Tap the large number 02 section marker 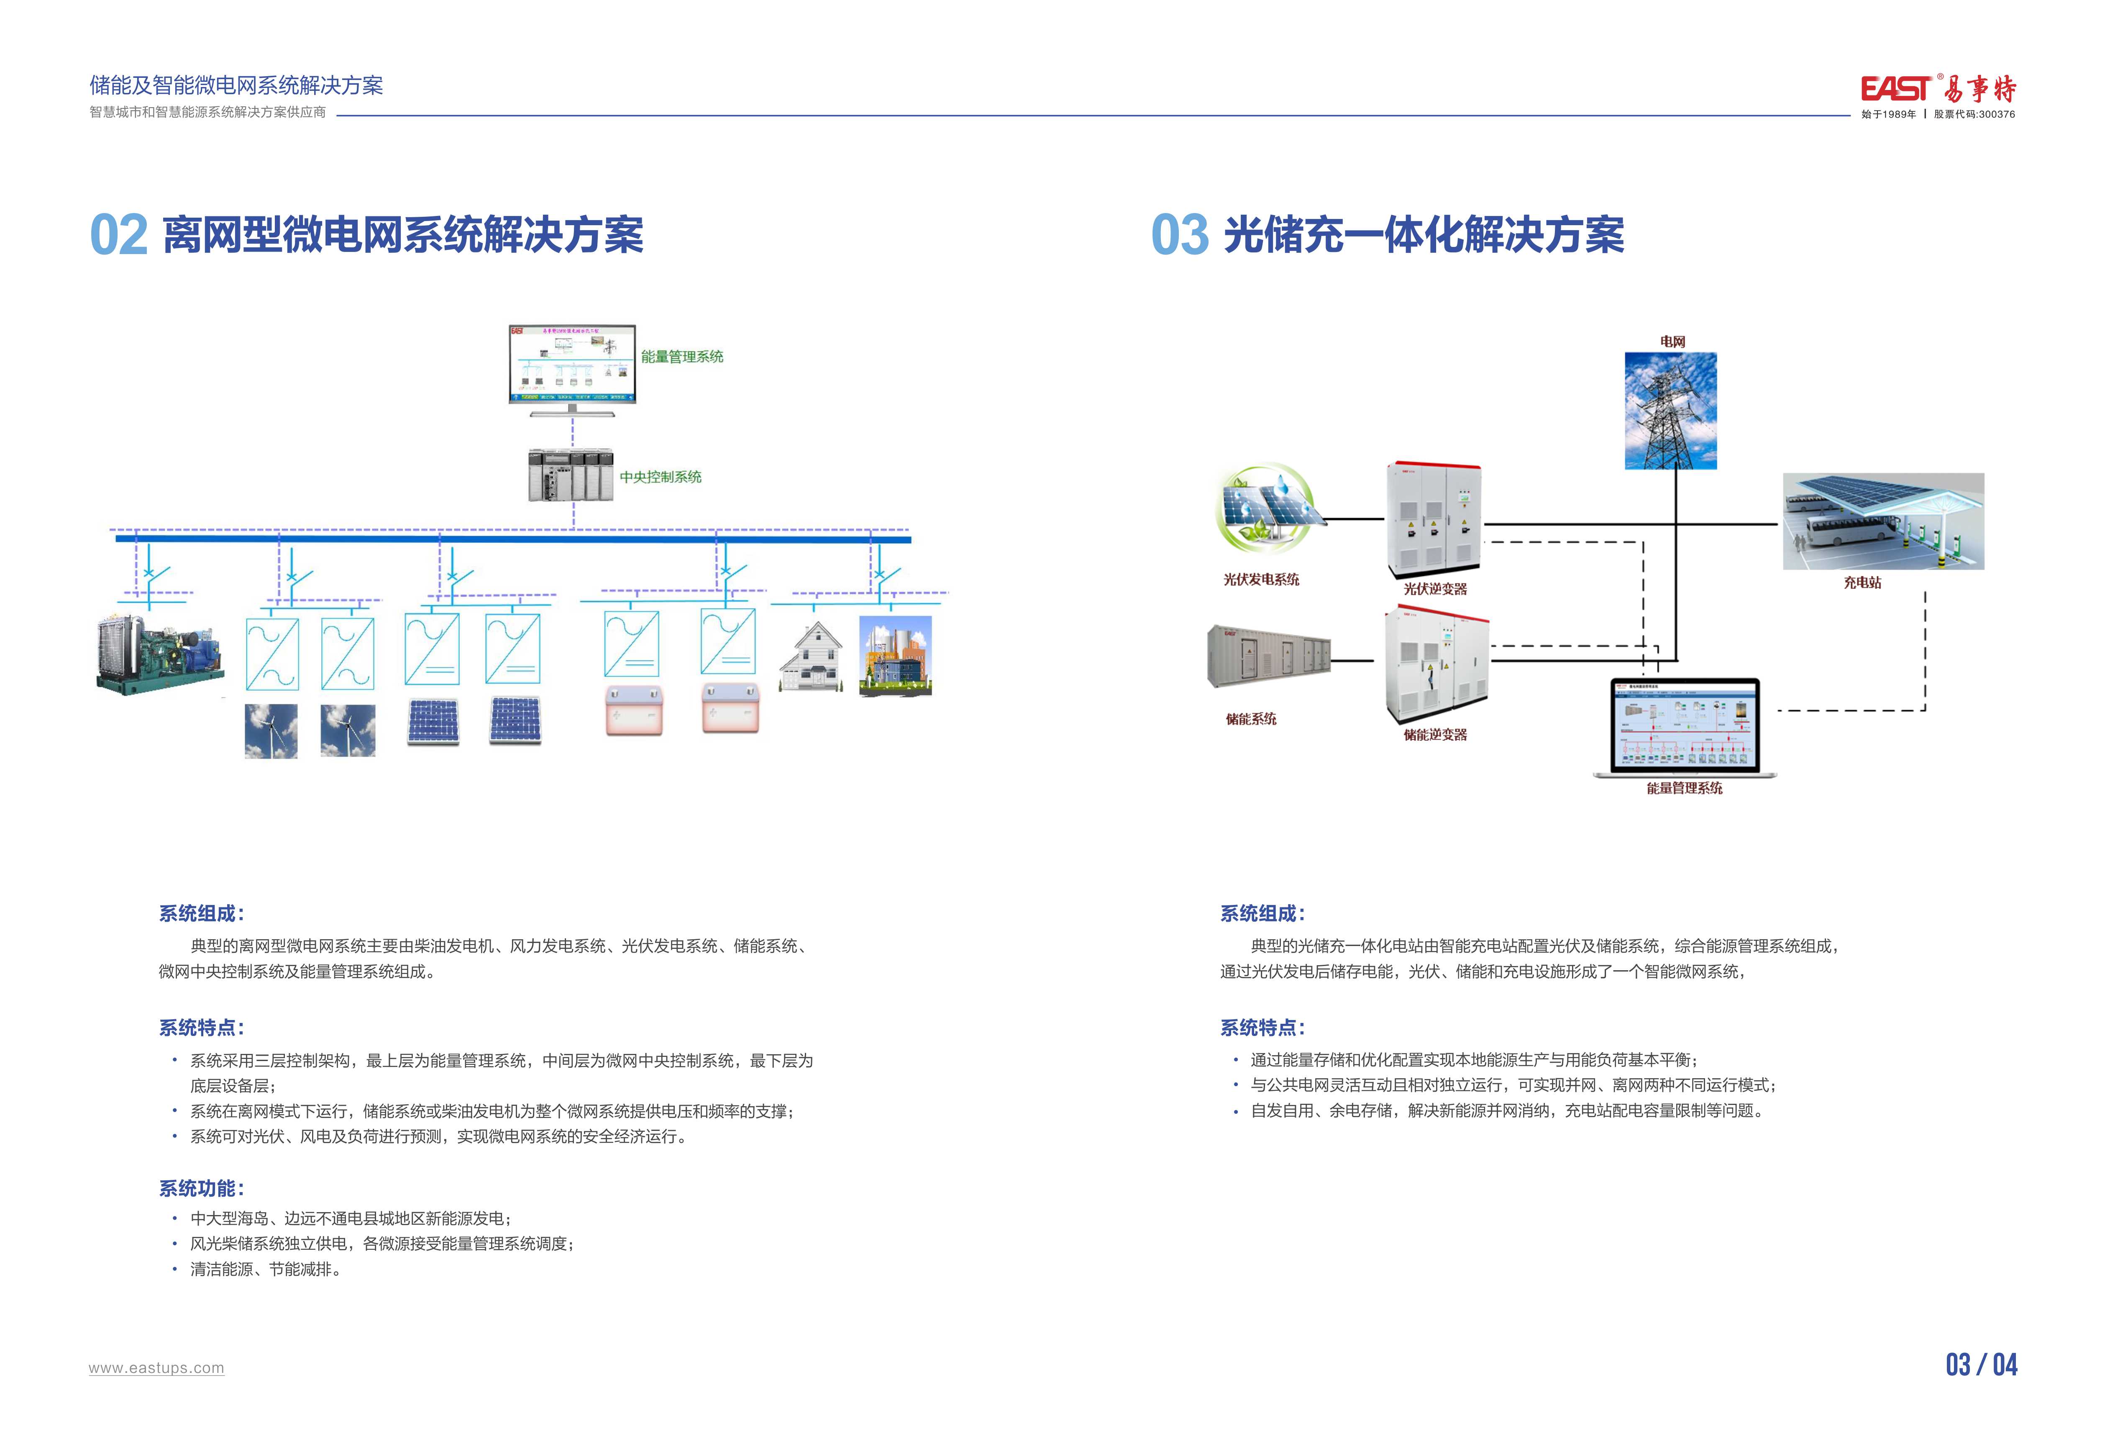tap(119, 236)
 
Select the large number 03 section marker tap(1179, 236)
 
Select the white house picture tap(812, 657)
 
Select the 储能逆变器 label tap(1435, 735)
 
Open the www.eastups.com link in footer tap(156, 1368)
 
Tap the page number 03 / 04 tap(1981, 1364)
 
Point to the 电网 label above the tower tap(1672, 342)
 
